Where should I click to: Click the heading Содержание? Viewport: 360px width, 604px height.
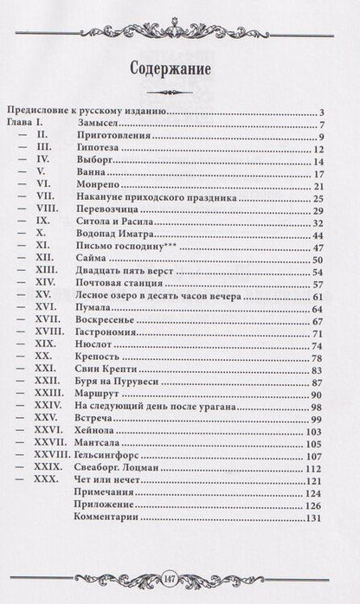pyautogui.click(x=179, y=70)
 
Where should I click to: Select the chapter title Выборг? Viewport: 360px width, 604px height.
pyautogui.click(x=95, y=162)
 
